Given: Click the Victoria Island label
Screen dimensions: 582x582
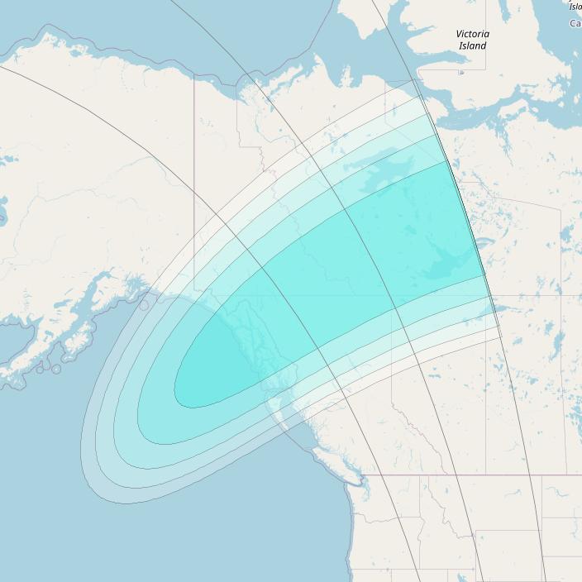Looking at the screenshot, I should [x=472, y=40].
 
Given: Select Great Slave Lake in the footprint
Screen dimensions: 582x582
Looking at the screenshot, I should [x=446, y=265].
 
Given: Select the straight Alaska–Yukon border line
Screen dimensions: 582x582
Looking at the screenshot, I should [x=194, y=165].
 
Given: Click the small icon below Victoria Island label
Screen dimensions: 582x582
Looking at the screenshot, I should [x=461, y=73].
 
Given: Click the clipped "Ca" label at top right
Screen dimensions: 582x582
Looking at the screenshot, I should [x=575, y=23].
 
